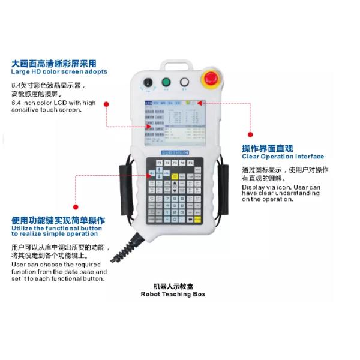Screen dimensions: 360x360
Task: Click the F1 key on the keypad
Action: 159,163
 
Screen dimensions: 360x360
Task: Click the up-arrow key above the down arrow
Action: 159,170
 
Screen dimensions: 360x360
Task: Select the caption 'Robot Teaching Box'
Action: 173,294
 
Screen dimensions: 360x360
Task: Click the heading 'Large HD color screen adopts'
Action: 59,71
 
